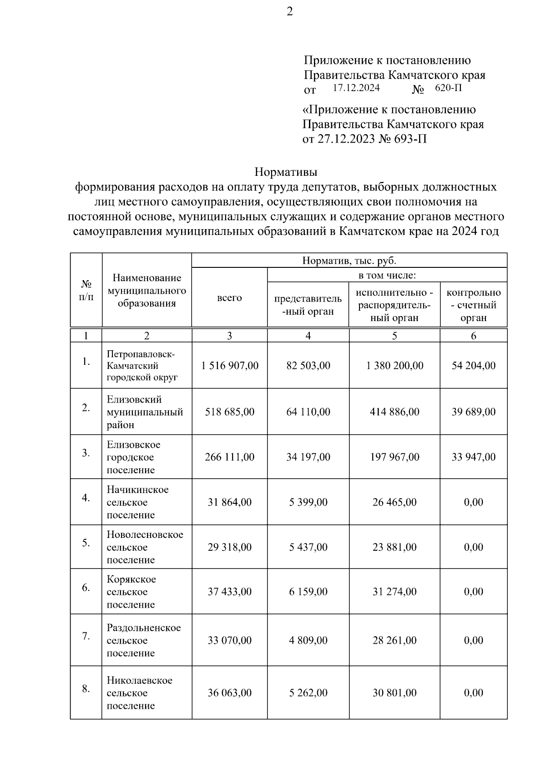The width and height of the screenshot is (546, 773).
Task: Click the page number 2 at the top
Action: [x=289, y=12]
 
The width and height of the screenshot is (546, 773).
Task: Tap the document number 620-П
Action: [x=448, y=88]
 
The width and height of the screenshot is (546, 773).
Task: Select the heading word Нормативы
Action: [x=285, y=173]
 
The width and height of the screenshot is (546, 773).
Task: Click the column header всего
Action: [x=229, y=298]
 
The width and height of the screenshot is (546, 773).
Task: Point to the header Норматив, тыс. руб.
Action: [x=349, y=261]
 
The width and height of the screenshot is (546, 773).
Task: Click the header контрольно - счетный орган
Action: [x=473, y=305]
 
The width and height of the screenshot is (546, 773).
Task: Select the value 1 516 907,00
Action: [x=230, y=366]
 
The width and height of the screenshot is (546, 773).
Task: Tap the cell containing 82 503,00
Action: [x=308, y=366]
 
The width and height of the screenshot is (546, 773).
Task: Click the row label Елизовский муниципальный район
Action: [x=145, y=412]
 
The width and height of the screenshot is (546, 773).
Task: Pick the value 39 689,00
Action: [x=473, y=412]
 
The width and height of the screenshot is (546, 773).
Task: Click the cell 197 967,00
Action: [x=394, y=457]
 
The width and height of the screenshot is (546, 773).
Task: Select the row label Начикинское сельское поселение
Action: [x=137, y=502]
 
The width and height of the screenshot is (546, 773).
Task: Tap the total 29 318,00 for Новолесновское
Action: [x=230, y=547]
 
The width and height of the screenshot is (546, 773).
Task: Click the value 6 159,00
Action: [x=308, y=592]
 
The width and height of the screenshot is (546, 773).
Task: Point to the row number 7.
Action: [x=86, y=636]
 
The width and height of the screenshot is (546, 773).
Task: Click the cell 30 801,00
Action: [x=394, y=693]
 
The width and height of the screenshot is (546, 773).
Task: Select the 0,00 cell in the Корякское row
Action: [x=473, y=592]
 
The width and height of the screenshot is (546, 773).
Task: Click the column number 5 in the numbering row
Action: [x=394, y=336]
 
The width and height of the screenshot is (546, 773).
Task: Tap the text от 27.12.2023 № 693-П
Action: [x=364, y=139]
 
